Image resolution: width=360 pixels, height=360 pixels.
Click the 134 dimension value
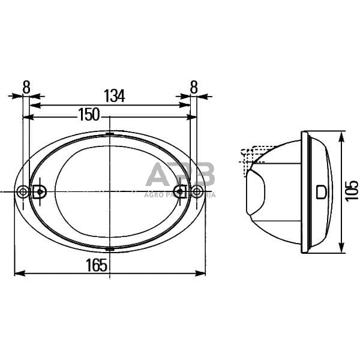[114, 96]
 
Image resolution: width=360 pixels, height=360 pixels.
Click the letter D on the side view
[322, 192]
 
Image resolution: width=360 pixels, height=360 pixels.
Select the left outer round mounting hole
[23, 192]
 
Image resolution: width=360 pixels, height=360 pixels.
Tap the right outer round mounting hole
[197, 192]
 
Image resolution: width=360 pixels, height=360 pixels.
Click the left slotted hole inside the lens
[40, 192]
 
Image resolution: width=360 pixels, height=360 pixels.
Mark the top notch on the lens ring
[109, 134]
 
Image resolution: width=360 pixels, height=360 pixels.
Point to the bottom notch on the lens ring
[109, 247]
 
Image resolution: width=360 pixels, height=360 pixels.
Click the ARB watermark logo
[180, 176]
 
